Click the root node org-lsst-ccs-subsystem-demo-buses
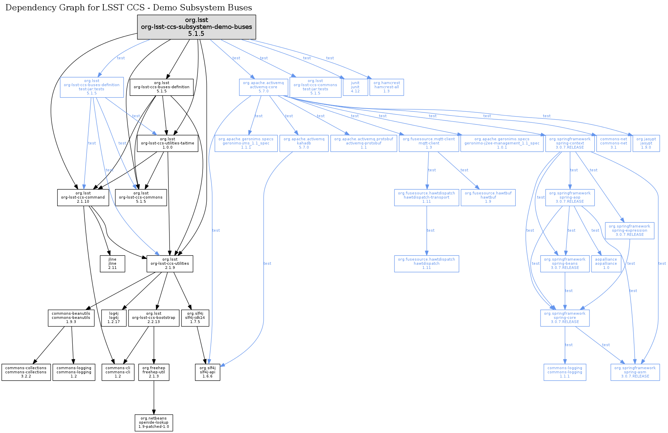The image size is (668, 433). tap(196, 27)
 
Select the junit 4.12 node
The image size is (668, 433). tap(355, 87)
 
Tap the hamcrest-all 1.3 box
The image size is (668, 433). tap(387, 87)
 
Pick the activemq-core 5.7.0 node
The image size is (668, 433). tap(264, 87)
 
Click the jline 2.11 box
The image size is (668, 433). tap(112, 264)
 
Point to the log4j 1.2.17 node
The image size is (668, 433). tap(114, 318)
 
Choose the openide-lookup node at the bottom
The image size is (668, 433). tap(154, 423)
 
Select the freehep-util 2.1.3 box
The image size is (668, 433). tap(154, 372)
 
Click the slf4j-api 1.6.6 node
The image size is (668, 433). tap(207, 372)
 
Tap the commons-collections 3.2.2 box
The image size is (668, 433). tap(26, 372)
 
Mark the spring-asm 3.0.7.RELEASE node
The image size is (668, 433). tap(635, 372)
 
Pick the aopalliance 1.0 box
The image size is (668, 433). tap(606, 264)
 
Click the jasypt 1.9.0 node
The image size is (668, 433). tap(646, 143)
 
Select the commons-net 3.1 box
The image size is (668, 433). tap(614, 143)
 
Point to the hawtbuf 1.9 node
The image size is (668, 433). tap(488, 198)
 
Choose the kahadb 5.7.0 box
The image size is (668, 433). tap(304, 143)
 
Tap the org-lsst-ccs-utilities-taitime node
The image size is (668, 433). tap(167, 143)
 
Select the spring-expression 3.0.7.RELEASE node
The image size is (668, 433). tap(629, 231)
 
